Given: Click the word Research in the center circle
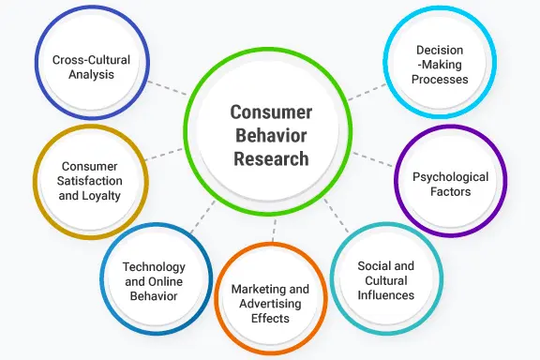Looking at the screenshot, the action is coord(271,158).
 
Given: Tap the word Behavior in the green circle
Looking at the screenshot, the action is coord(271,135).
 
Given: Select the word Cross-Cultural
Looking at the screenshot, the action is coord(91,60).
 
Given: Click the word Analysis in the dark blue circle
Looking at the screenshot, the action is coord(91,74).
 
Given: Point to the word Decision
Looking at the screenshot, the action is coord(440,51).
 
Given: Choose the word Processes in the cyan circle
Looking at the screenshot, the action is coord(440,80).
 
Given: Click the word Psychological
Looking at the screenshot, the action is coord(450,177).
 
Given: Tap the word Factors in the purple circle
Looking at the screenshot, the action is coord(450,191).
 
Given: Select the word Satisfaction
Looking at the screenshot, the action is coord(90,181).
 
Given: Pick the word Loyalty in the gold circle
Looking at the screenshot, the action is coord(100,196).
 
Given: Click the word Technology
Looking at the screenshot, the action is coord(154,267).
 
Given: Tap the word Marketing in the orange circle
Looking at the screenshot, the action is coord(255,290).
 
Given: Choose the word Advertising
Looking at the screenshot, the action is coord(270,304).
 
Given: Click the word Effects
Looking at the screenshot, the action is coord(270,319).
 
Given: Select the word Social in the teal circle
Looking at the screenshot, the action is coord(370,266).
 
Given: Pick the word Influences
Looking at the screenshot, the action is coord(385,295).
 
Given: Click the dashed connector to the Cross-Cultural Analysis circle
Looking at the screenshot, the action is coord(168,88).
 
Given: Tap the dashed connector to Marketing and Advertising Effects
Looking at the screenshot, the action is coord(274,231).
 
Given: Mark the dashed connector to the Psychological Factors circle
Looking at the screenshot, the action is coord(373,159).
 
